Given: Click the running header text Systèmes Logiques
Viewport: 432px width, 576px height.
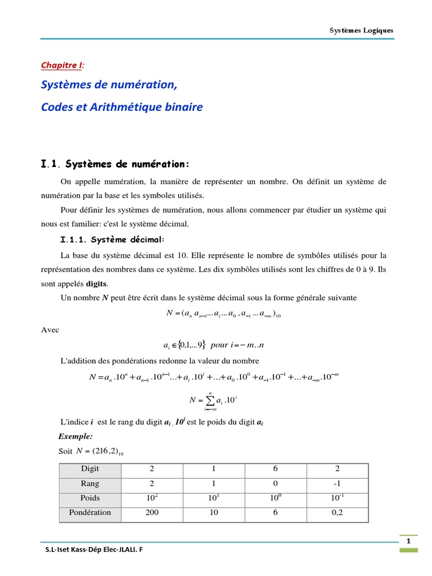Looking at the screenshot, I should coord(361,30).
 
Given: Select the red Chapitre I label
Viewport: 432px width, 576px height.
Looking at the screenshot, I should coord(61,66).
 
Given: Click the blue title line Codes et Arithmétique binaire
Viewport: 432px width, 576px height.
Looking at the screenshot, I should coord(121,107).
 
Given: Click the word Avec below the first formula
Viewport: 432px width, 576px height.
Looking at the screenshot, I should coord(50,330).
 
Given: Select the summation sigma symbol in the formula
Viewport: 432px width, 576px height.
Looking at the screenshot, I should coord(209,400).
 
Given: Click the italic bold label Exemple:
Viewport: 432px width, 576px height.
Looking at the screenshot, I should coord(75,436).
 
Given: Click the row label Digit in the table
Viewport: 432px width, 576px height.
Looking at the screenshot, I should coord(89,469).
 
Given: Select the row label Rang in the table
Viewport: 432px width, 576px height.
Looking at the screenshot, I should coord(89,483).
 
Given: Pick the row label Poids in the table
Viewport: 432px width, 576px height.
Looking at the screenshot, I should coord(89,498).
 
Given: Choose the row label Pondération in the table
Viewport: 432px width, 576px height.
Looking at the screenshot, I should coord(89,512).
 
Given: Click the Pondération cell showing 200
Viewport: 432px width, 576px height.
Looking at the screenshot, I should coord(152,512).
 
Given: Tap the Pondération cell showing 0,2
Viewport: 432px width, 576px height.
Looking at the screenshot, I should coord(337,512).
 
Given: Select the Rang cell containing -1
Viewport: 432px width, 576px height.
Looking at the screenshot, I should coord(337,483).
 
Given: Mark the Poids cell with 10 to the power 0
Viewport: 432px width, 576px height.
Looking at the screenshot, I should coord(275,498).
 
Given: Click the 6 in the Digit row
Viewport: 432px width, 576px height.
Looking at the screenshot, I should coord(275,469).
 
